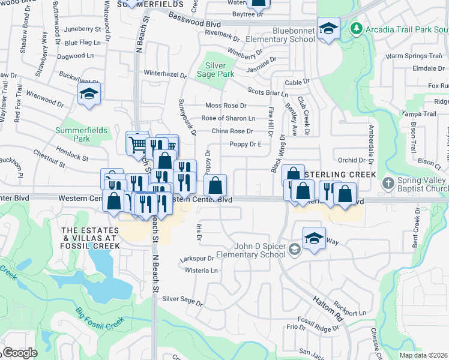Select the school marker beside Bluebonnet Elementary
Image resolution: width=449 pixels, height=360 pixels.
328,28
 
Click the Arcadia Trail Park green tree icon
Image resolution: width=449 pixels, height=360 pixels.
357,28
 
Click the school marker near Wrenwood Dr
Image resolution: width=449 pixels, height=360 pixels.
89,94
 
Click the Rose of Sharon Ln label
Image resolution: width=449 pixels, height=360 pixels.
228,118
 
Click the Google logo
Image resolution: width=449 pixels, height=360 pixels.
19,353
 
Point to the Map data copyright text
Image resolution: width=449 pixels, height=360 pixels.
423,355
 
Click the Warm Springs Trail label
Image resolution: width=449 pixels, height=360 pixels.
410,56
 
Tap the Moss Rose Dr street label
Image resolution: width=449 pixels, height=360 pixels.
226,106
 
